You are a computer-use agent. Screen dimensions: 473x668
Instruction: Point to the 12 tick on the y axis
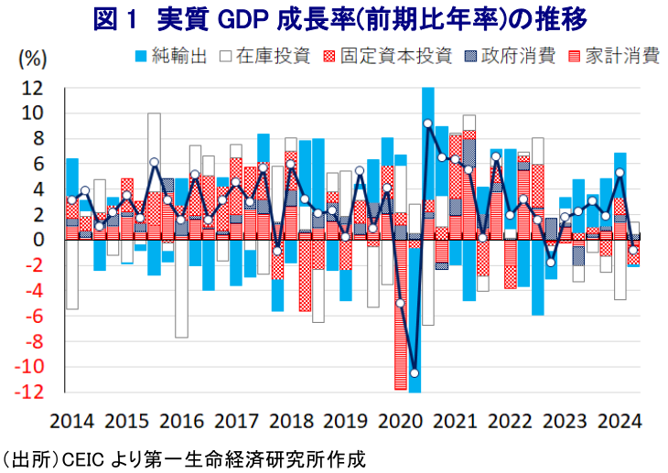click(32, 89)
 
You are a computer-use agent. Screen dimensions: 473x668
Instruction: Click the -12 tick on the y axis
click(29, 392)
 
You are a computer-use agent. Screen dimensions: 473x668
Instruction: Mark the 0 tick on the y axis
click(38, 241)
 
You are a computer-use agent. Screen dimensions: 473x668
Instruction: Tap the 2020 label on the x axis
click(396, 423)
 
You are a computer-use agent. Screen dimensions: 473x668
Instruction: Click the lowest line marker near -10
click(415, 373)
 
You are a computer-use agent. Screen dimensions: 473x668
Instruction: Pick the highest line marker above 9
click(427, 124)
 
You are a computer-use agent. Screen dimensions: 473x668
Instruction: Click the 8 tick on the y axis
click(38, 139)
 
